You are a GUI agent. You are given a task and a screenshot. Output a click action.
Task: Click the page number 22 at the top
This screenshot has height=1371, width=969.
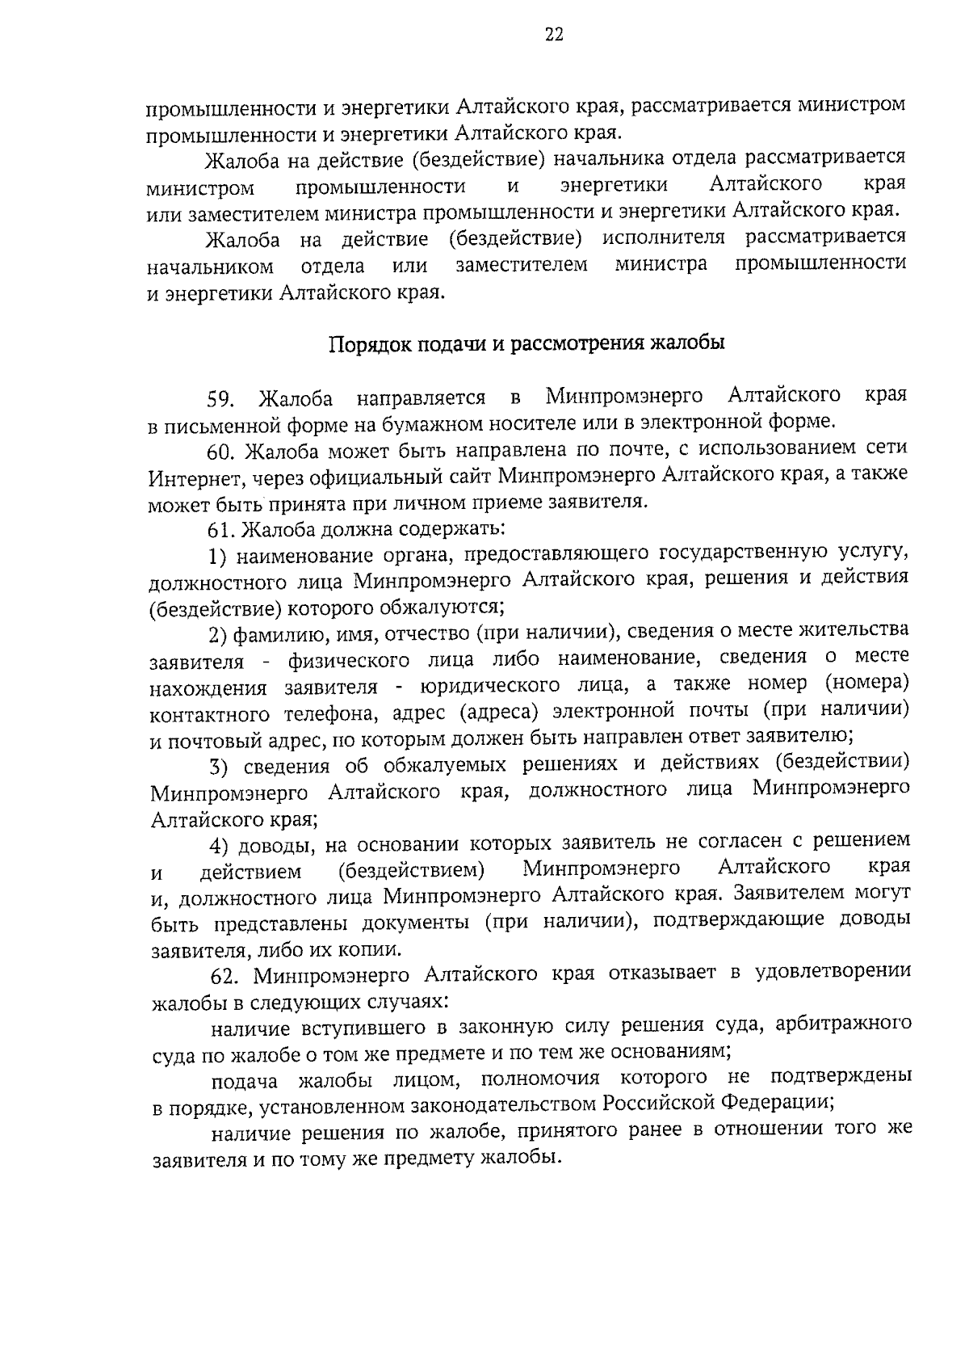555,34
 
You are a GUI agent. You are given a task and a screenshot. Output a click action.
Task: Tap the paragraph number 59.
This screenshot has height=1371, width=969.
221,398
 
